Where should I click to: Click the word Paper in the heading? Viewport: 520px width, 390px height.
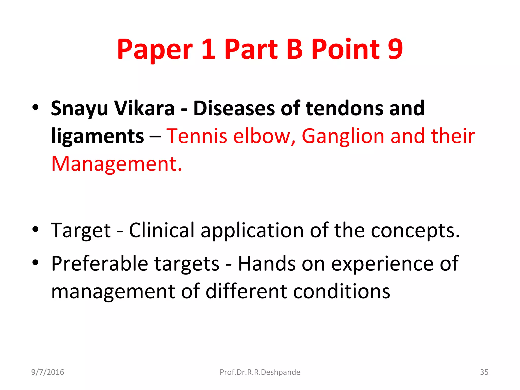pos(155,50)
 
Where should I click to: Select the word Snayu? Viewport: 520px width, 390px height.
pos(79,109)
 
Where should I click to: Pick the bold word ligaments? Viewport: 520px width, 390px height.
pos(97,137)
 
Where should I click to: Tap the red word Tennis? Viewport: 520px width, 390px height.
pos(197,136)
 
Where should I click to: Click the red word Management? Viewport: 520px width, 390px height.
pos(117,164)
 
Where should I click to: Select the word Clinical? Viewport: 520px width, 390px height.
pos(162,230)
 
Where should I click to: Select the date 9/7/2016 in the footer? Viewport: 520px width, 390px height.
pos(47,372)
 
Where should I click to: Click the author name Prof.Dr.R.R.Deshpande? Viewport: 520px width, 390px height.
pos(260,372)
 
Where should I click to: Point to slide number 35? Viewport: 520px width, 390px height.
pos(484,372)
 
